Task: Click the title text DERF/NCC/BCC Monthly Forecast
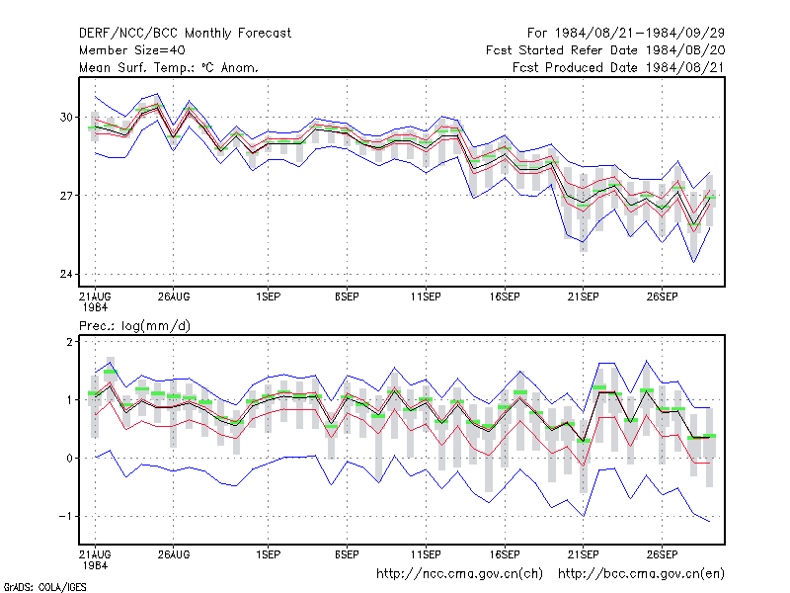[x=185, y=34]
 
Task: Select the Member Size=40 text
[x=132, y=50]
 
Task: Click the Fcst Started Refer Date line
[x=605, y=50]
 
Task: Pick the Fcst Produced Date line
[x=618, y=67]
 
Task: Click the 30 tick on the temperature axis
[x=66, y=117]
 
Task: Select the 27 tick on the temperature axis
[x=66, y=195]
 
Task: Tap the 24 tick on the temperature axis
[x=66, y=274]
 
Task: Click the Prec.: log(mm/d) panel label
[x=134, y=326]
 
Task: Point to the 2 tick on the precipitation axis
[x=69, y=341]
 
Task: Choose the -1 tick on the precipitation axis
[x=65, y=516]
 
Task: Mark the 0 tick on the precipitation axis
[x=69, y=459]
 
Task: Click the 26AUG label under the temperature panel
[x=174, y=297]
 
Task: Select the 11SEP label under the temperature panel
[x=426, y=297]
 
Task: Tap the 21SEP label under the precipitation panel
[x=584, y=554]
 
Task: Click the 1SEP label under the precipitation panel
[x=268, y=554]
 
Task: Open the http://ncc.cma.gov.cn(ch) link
[x=459, y=574]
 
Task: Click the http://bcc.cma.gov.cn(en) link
[x=641, y=574]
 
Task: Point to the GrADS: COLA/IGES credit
[x=45, y=587]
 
